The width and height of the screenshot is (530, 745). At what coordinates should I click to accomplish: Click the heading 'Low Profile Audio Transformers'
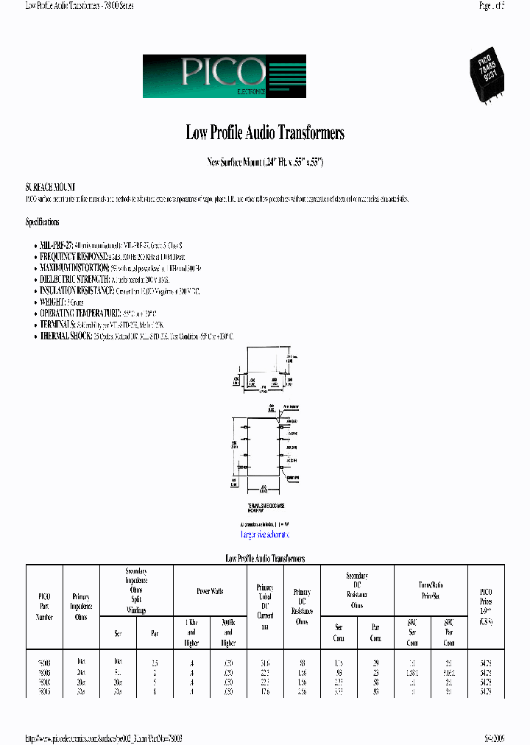265,133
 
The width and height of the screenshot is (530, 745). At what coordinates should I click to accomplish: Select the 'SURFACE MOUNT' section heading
51,188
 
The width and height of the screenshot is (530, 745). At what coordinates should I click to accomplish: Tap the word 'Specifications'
43,222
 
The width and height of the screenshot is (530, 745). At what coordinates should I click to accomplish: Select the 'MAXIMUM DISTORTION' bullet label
69,268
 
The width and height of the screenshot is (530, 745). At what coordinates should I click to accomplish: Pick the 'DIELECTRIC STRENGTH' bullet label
70,280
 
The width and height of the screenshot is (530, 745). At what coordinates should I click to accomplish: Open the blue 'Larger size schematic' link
265,534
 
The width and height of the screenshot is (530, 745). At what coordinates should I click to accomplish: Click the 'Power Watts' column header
210,591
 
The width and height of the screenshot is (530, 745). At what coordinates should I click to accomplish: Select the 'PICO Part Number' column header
44,603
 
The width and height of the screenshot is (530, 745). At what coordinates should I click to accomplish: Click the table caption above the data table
265,559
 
